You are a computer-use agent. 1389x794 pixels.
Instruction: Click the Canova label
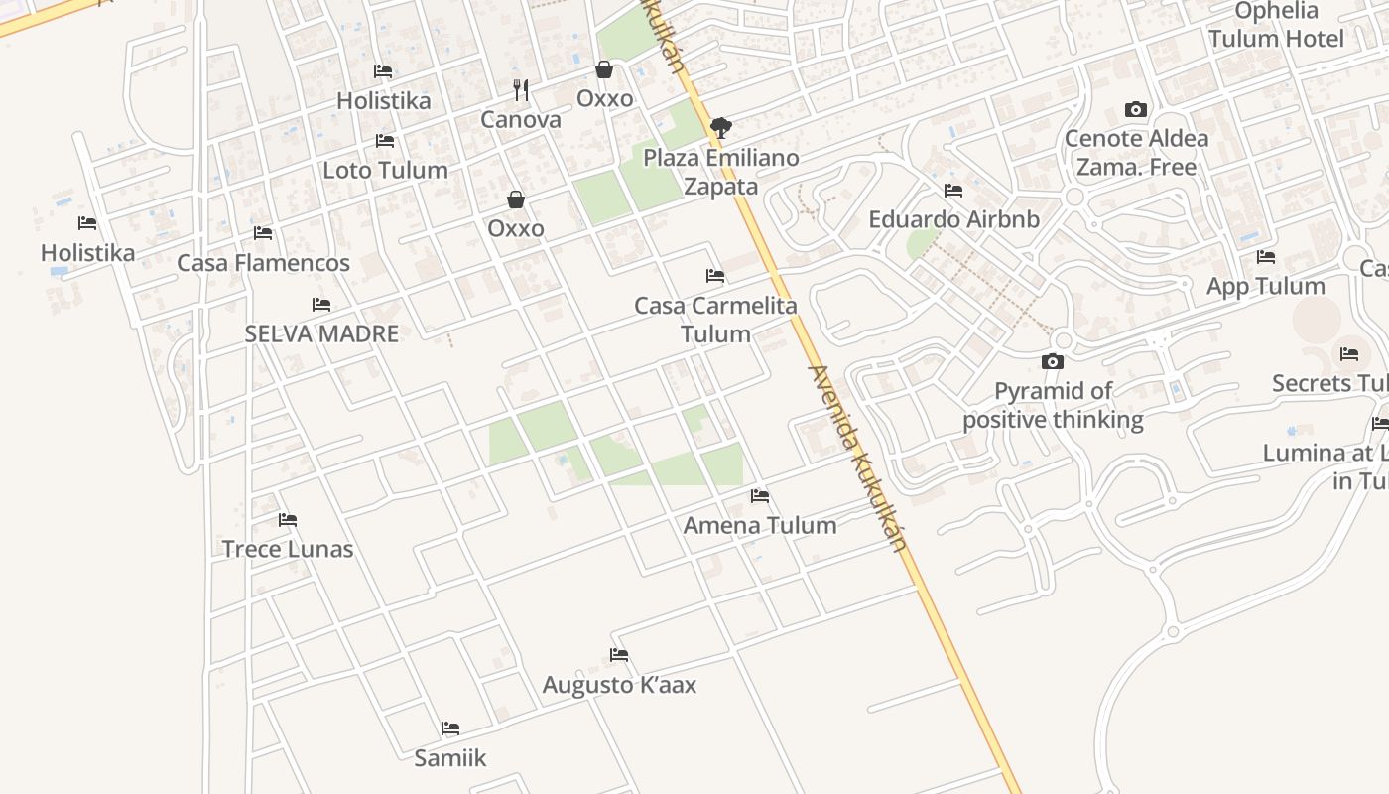tap(521, 120)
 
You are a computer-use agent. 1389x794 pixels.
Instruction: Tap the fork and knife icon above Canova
tap(521, 90)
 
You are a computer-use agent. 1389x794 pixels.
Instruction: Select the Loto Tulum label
tap(385, 170)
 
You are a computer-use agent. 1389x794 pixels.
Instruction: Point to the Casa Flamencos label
tap(263, 263)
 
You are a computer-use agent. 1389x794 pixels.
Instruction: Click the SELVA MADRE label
tap(321, 333)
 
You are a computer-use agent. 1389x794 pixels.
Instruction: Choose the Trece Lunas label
tap(288, 549)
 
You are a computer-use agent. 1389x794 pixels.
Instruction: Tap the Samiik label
tap(450, 758)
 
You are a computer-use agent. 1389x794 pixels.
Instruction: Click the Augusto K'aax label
tap(619, 685)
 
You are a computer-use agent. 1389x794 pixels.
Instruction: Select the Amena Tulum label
tap(760, 525)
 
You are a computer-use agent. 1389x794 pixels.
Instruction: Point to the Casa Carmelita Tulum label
tap(715, 320)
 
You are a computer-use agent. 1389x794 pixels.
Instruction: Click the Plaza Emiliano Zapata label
tap(721, 172)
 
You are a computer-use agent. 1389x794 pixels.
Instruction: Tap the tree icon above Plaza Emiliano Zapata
tap(721, 127)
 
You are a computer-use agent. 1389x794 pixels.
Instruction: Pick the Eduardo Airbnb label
tap(953, 219)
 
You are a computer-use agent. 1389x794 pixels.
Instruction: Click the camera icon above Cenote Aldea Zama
tap(1136, 109)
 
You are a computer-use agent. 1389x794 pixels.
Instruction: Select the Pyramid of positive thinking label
tap(1053, 405)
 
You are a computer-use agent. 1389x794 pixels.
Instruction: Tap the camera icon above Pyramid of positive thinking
tap(1053, 361)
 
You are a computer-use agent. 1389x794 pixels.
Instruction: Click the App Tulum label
tap(1265, 286)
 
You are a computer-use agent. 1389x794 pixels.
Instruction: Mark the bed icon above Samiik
tap(450, 728)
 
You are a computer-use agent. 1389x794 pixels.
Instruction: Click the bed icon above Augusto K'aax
tap(619, 655)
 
